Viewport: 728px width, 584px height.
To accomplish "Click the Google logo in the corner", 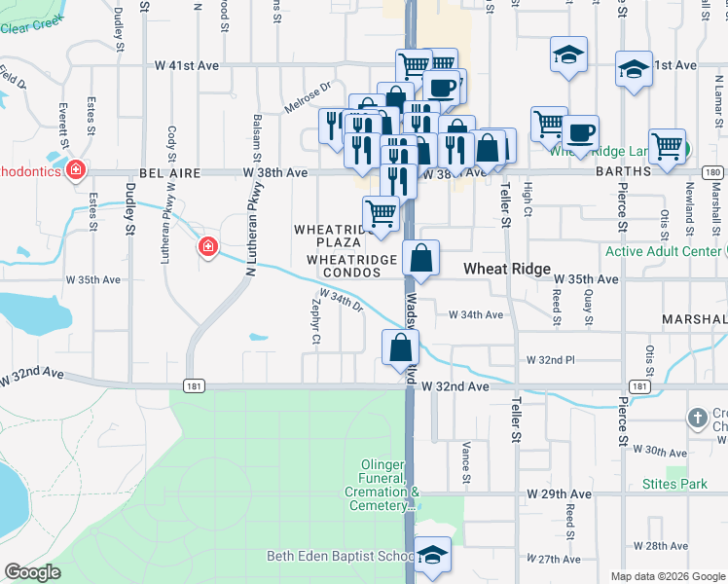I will (x=33, y=571).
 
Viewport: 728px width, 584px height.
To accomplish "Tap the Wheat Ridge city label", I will (x=506, y=269).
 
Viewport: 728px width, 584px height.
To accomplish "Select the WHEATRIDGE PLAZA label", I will (x=335, y=236).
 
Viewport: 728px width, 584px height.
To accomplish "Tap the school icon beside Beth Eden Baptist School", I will (x=433, y=555).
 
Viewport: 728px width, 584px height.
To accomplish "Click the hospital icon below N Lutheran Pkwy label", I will (x=206, y=247).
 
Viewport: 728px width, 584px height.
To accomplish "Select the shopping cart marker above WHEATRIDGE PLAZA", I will (x=381, y=212).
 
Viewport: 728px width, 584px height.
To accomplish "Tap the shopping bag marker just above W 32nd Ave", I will (x=401, y=347).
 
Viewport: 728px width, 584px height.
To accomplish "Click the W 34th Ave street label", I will (x=476, y=314).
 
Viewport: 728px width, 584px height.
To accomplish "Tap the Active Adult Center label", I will (x=665, y=251).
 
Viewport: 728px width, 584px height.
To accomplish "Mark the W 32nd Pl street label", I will (x=551, y=359).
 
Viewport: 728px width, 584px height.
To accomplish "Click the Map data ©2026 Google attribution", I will (x=668, y=576).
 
